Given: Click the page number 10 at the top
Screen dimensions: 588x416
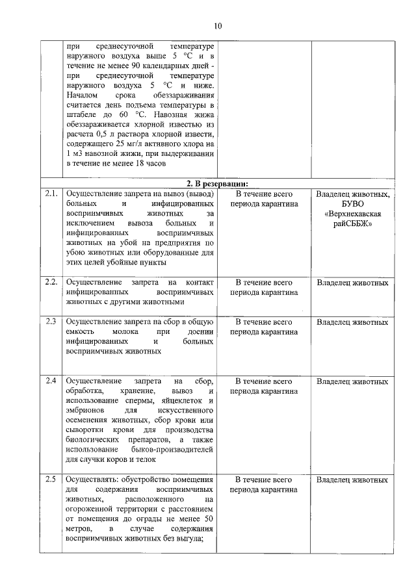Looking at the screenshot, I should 218,27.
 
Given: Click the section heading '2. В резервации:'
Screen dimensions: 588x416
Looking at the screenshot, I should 218,183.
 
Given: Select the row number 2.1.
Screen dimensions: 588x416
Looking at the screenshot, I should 52,194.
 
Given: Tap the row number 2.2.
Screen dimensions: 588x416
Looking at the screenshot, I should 52,283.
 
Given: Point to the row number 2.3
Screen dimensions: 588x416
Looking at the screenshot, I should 51,322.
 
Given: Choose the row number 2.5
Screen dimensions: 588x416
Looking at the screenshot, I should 51,480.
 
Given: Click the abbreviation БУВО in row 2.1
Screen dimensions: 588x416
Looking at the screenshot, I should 352,203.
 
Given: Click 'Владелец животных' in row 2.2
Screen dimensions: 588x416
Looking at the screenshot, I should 352,283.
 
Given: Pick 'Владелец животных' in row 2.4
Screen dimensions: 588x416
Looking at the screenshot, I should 352,381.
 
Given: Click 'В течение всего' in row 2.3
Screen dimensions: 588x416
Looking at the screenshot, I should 264,322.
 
